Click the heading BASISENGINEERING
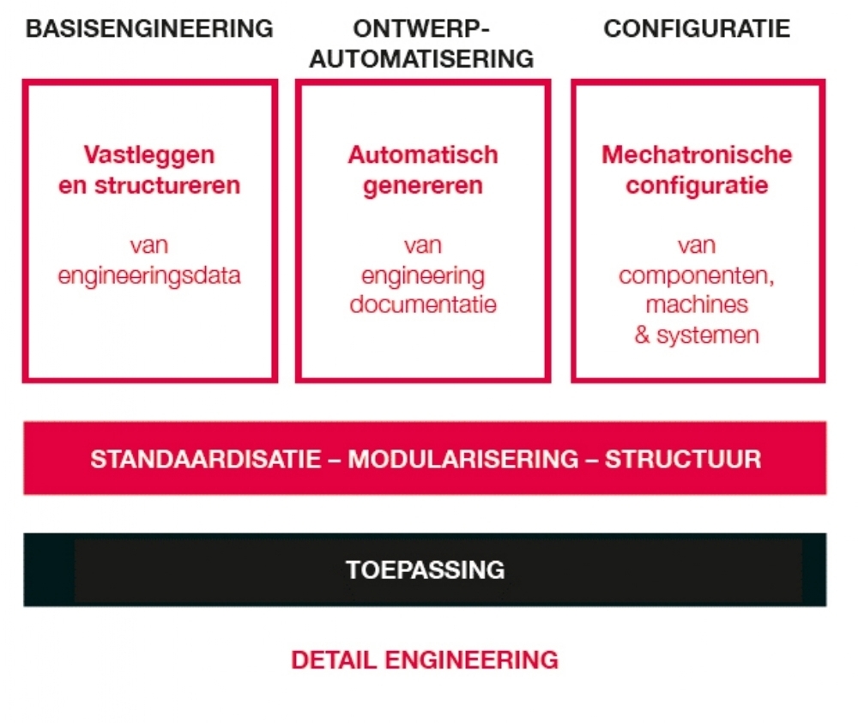(x=149, y=28)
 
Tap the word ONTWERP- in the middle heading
(x=420, y=28)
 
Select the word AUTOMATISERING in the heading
(x=421, y=58)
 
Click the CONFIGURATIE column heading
(x=697, y=28)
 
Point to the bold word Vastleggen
(x=148, y=155)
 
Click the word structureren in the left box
(x=167, y=185)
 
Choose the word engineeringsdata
(x=148, y=276)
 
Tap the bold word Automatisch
(x=423, y=154)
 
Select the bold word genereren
(x=423, y=186)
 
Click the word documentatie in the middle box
(x=423, y=304)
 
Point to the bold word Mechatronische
(x=697, y=154)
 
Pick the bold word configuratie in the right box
(x=697, y=186)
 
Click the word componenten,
(x=697, y=276)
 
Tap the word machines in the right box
(x=697, y=304)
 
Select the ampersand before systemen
(x=642, y=334)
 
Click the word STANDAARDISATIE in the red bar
(x=206, y=459)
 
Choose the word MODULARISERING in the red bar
(x=463, y=459)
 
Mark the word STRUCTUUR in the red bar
(x=683, y=459)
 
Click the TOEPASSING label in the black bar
(x=426, y=569)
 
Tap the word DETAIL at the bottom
(x=334, y=660)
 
